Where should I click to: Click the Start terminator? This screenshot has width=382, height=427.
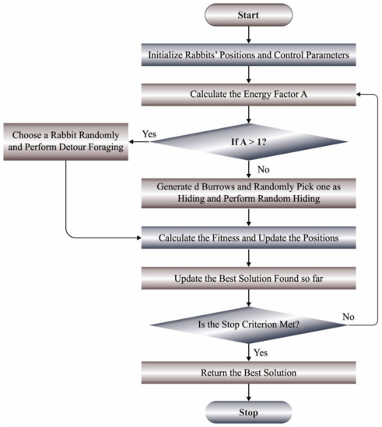coord(247,16)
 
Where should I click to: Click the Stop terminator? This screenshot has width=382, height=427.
coord(247,411)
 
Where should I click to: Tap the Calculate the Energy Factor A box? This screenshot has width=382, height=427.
coord(247,95)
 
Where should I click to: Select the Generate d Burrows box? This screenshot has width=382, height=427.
coord(247,192)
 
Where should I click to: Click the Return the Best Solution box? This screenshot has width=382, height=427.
coord(247,371)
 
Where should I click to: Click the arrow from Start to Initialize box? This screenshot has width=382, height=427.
coord(247,34)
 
